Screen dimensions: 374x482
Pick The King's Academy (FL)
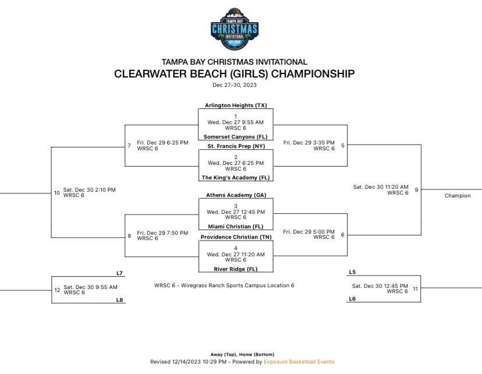235,177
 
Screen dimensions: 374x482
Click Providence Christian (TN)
235,237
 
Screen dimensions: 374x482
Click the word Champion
458,196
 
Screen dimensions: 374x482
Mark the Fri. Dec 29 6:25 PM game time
162,142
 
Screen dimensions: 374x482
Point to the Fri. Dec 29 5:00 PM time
309,231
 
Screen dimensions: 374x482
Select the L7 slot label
120,273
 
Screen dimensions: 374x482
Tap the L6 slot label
352,299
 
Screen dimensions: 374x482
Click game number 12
57,290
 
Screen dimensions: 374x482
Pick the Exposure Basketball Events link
299,362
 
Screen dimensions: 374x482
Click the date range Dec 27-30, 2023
235,85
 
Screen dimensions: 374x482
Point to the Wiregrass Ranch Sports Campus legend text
224,285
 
